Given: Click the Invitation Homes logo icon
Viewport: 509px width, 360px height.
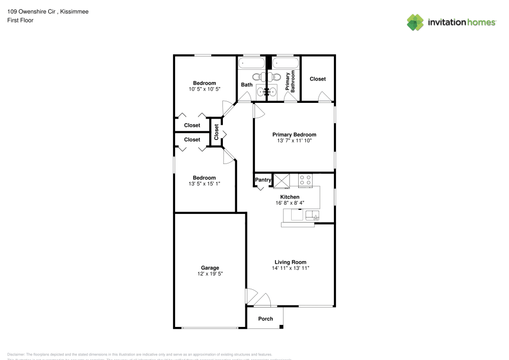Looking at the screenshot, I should (x=415, y=22).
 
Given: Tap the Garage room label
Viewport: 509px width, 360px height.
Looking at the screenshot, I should (x=210, y=268).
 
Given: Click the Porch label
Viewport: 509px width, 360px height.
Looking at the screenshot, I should (x=265, y=319).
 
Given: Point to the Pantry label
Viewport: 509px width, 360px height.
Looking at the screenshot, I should (x=263, y=180).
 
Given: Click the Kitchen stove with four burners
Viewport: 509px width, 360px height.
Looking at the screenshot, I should (x=305, y=180).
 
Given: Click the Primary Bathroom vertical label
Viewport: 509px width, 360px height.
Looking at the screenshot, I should (x=290, y=81).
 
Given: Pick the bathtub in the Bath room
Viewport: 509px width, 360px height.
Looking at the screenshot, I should (x=252, y=64).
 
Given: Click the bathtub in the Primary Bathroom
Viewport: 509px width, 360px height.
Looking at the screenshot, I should (x=286, y=64).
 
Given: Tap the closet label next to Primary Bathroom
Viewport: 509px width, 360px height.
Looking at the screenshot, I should (x=318, y=79).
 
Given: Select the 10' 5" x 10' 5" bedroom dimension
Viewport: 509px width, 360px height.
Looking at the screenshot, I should (x=204, y=89).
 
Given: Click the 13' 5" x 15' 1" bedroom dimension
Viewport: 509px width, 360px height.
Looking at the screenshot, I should (x=204, y=183).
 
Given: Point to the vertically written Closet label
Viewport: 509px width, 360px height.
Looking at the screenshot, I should (x=216, y=132).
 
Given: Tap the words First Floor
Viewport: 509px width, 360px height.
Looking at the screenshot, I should (x=20, y=20).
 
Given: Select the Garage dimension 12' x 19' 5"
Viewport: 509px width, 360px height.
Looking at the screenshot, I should (x=210, y=274).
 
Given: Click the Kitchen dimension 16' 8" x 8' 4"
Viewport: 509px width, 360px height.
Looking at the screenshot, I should (x=290, y=203).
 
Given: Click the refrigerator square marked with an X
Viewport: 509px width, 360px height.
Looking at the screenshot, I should (x=281, y=180).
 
